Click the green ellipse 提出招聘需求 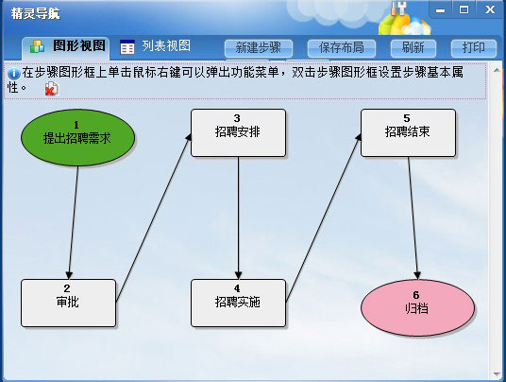coord(77,138)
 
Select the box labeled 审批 coord(68,303)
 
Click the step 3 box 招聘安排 coord(238,132)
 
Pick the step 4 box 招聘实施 coord(238,303)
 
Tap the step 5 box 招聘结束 coord(408,132)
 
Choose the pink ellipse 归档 coord(417,307)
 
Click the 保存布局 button coord(342,48)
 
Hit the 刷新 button coord(413,48)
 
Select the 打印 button coord(473,48)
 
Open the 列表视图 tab coord(156,47)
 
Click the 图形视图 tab coord(66,48)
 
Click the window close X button coord(490,9)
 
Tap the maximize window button coord(464,9)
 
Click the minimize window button coord(440,10)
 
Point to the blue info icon coord(14,74)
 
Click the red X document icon coord(51,89)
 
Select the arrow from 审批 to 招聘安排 coord(153,218)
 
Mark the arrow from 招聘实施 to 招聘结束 coord(323,218)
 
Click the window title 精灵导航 coord(36,13)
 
